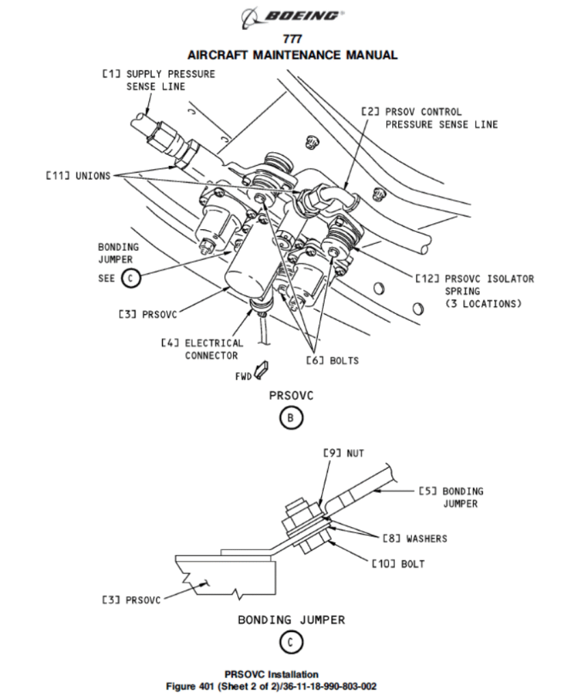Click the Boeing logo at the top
pyautogui.click(x=292, y=17)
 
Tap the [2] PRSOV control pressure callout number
pyautogui.click(x=370, y=112)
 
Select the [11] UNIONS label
pyautogui.click(x=78, y=175)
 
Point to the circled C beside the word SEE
pyautogui.click(x=131, y=279)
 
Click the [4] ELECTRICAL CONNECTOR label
pyautogui.click(x=203, y=349)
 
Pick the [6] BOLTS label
pyautogui.click(x=333, y=360)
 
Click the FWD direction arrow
pyautogui.click(x=260, y=369)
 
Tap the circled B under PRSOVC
pyautogui.click(x=291, y=418)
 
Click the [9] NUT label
pyautogui.click(x=344, y=453)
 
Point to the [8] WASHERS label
pyautogui.click(x=415, y=539)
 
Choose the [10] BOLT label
pyautogui.click(x=398, y=564)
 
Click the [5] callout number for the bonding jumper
pyautogui.click(x=428, y=491)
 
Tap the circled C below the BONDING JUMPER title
pyautogui.click(x=291, y=643)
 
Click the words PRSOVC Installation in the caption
pyautogui.click(x=271, y=674)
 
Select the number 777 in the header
pyautogui.click(x=292, y=39)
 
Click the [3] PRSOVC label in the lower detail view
pyautogui.click(x=131, y=600)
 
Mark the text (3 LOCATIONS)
pyautogui.click(x=483, y=304)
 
